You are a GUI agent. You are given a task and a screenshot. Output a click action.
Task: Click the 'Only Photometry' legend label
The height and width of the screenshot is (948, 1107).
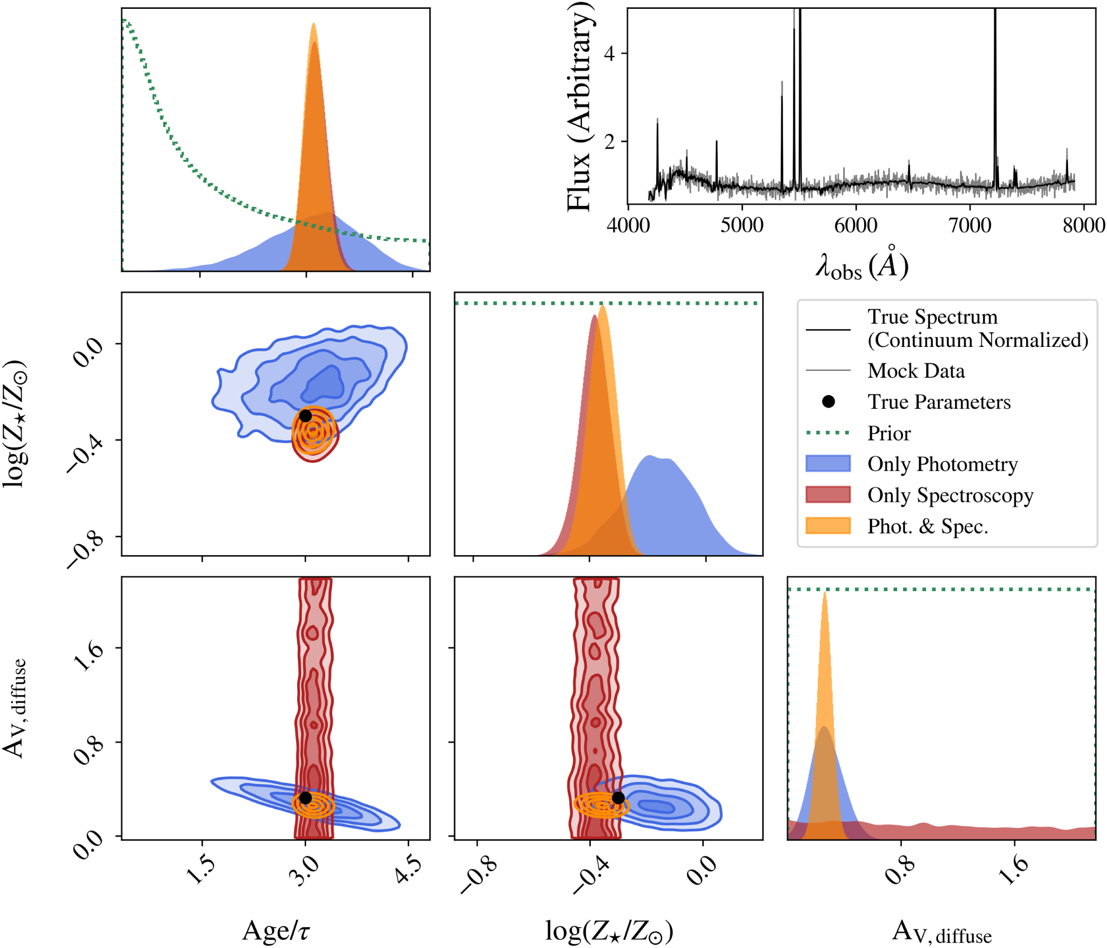[942, 464]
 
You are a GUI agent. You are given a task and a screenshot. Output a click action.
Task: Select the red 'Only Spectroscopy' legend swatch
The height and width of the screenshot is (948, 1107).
[827, 494]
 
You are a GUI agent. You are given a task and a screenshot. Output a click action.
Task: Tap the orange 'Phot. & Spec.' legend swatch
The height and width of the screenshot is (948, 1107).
[827, 526]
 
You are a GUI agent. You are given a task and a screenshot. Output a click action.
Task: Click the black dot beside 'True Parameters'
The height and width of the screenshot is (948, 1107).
[828, 402]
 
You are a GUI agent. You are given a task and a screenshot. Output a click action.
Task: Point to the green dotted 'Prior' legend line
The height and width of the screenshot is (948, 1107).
[827, 433]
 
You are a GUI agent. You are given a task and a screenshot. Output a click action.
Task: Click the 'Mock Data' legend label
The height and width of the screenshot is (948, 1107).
[915, 371]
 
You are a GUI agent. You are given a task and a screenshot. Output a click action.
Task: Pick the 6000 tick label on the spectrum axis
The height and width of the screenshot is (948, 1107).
[855, 225]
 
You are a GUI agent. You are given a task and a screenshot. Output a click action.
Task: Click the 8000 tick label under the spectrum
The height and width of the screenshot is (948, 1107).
[1083, 225]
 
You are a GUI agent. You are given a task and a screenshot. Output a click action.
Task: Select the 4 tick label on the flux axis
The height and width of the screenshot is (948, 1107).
[609, 54]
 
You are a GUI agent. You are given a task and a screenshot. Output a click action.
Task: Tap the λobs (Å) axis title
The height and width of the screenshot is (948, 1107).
[861, 265]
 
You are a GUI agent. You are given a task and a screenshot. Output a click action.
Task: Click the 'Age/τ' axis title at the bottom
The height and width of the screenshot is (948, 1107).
[276, 931]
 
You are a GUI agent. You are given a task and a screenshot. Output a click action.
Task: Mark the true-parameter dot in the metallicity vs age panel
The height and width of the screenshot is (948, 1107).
[305, 416]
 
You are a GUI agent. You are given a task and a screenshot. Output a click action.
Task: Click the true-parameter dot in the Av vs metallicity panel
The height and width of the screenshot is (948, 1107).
[618, 798]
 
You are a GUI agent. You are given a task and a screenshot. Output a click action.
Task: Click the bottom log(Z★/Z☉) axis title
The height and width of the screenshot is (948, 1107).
[609, 931]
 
